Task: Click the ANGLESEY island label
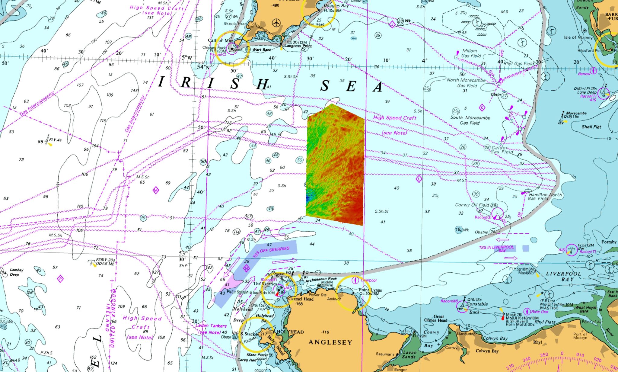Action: coord(330,342)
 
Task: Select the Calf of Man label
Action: coord(221,40)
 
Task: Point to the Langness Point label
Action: coord(298,46)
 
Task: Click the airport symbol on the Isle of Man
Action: coord(276,23)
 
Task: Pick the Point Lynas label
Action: coord(370,290)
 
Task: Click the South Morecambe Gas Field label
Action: coord(470,120)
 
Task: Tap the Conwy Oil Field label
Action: coord(473,205)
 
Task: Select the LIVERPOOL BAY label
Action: coord(563,276)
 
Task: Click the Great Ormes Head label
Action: coord(435,318)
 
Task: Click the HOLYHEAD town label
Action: coord(290,332)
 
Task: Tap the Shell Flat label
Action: coord(591,127)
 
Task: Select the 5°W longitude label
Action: coord(186,57)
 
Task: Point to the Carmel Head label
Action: coord(301,299)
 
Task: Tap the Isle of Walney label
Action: coord(578,37)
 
